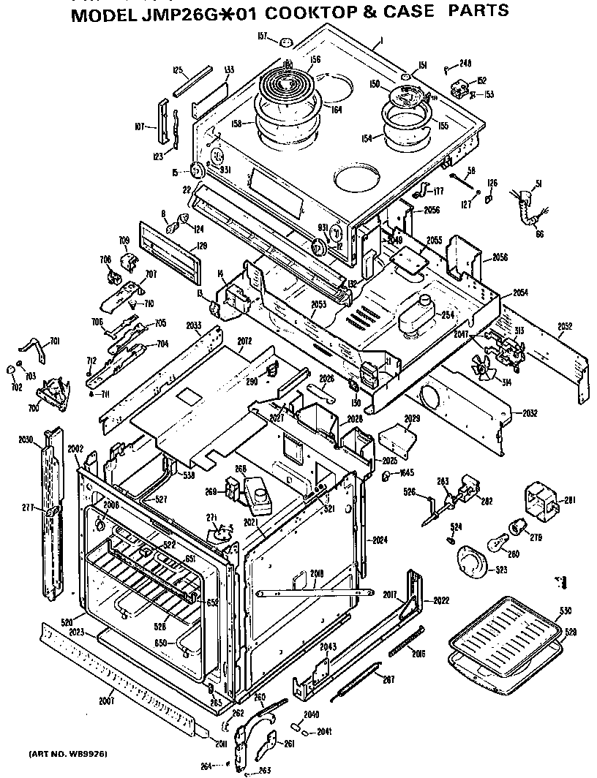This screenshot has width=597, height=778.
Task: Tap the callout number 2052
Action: (565, 325)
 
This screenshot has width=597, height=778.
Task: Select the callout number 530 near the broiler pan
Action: (566, 611)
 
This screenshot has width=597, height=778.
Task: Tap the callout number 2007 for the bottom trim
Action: (108, 702)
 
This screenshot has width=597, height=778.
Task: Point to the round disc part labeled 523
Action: (472, 564)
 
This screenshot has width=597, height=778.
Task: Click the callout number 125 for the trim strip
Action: (176, 70)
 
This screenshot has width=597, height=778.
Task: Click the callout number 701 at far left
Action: (54, 341)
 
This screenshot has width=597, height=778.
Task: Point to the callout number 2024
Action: (378, 540)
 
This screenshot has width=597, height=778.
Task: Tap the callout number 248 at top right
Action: (465, 64)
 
